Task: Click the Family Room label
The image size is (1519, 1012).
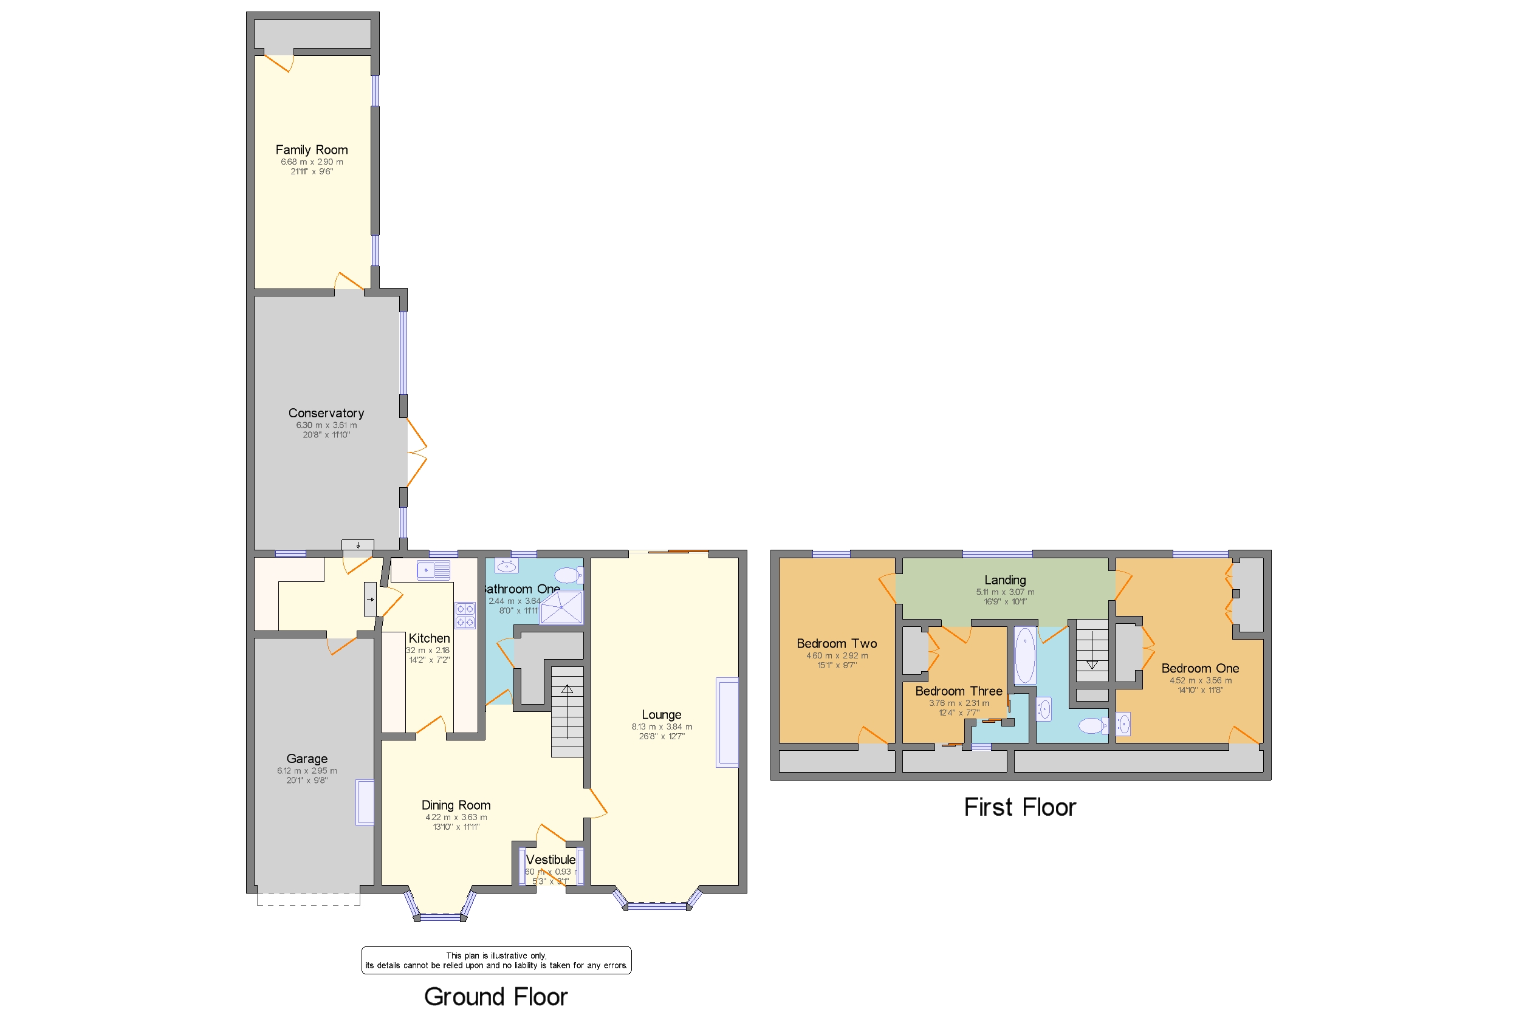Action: coord(311,149)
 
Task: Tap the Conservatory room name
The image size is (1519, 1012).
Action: coord(326,413)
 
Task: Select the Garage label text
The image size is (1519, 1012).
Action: coord(307,758)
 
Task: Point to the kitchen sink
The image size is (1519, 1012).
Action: coord(433,570)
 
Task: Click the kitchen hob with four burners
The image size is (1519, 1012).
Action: coord(465,615)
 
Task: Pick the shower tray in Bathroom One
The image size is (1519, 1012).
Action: coord(560,607)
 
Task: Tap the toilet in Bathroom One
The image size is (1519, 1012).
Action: coord(568,575)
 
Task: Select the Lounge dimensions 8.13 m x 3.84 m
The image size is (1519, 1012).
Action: coord(661,727)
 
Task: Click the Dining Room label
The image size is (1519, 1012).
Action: coord(456,805)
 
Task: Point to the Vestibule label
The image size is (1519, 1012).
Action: coord(550,860)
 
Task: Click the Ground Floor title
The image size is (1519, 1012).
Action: coord(495,996)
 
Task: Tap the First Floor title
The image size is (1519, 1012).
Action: coord(1020,807)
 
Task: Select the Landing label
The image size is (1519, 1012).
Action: coord(1004,580)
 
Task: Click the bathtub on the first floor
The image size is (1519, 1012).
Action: coord(1024,655)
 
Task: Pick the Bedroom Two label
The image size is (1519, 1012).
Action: coord(836,643)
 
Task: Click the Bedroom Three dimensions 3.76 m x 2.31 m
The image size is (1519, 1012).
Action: coord(959,703)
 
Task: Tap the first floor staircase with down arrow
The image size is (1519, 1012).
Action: coord(1092,650)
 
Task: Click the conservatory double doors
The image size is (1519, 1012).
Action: coord(416,453)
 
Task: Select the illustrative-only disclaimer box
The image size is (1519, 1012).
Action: coord(496,960)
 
